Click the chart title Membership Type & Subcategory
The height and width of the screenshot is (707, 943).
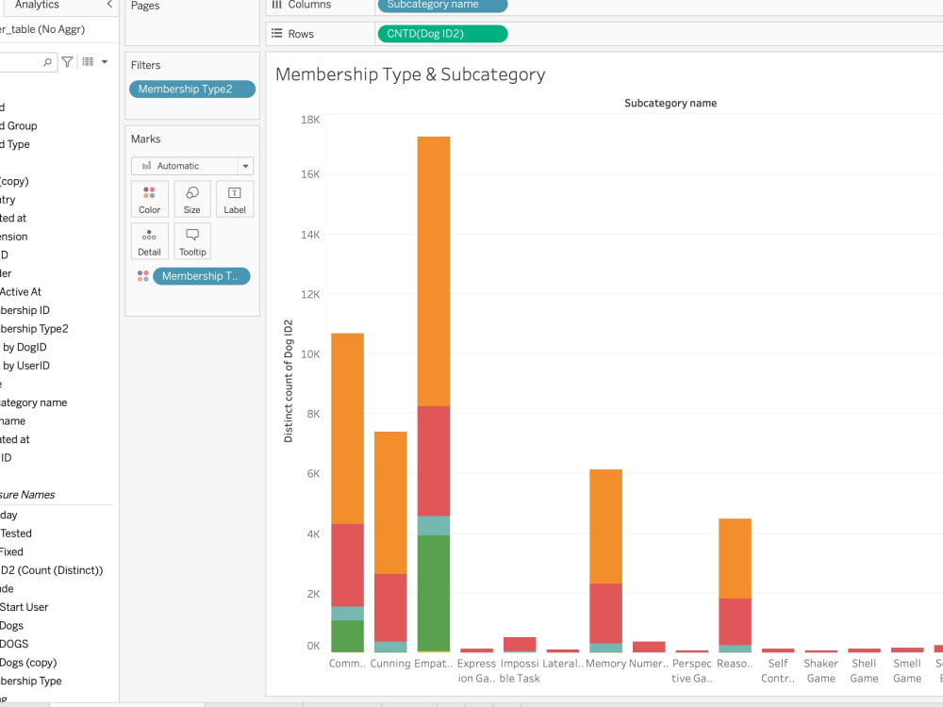410,74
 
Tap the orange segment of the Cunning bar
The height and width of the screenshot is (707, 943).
390,502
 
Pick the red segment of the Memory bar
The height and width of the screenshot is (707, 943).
605,613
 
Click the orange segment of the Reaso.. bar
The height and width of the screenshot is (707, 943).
735,558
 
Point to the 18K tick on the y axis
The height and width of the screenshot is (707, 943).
309,120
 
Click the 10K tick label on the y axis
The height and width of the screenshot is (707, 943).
309,354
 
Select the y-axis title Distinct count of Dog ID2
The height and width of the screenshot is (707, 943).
289,382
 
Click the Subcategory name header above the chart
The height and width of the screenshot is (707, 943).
670,103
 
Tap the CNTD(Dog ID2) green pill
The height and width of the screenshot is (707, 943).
441,34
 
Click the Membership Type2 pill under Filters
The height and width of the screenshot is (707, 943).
192,90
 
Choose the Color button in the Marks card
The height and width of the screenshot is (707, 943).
150,199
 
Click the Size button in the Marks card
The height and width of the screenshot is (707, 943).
192,199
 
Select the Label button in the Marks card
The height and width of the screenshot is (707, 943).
235,199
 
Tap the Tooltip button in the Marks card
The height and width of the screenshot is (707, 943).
192,241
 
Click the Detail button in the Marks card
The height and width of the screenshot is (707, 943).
150,241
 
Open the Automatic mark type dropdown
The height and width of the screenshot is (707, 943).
192,166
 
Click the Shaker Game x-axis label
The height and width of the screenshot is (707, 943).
820,670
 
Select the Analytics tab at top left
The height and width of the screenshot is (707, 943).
37,5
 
